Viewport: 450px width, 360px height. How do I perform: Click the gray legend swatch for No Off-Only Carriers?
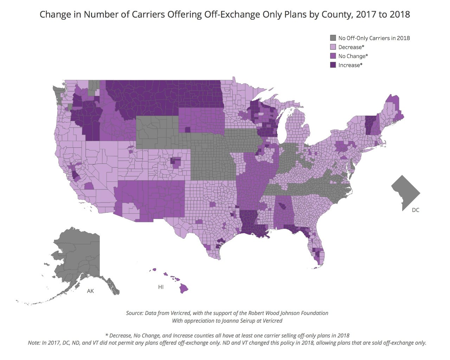point(333,38)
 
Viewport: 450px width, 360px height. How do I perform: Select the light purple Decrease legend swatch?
point(333,47)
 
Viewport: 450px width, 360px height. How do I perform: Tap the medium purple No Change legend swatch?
point(333,56)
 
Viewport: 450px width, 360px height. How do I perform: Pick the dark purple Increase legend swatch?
point(333,65)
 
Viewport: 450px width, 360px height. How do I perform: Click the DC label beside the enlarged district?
point(416,210)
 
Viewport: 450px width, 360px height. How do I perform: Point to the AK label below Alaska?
point(90,291)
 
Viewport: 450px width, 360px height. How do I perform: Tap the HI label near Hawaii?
point(161,287)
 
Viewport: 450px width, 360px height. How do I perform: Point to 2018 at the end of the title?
point(400,14)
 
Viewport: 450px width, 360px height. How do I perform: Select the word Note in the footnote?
point(34,342)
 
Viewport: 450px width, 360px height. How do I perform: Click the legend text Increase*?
point(350,65)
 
